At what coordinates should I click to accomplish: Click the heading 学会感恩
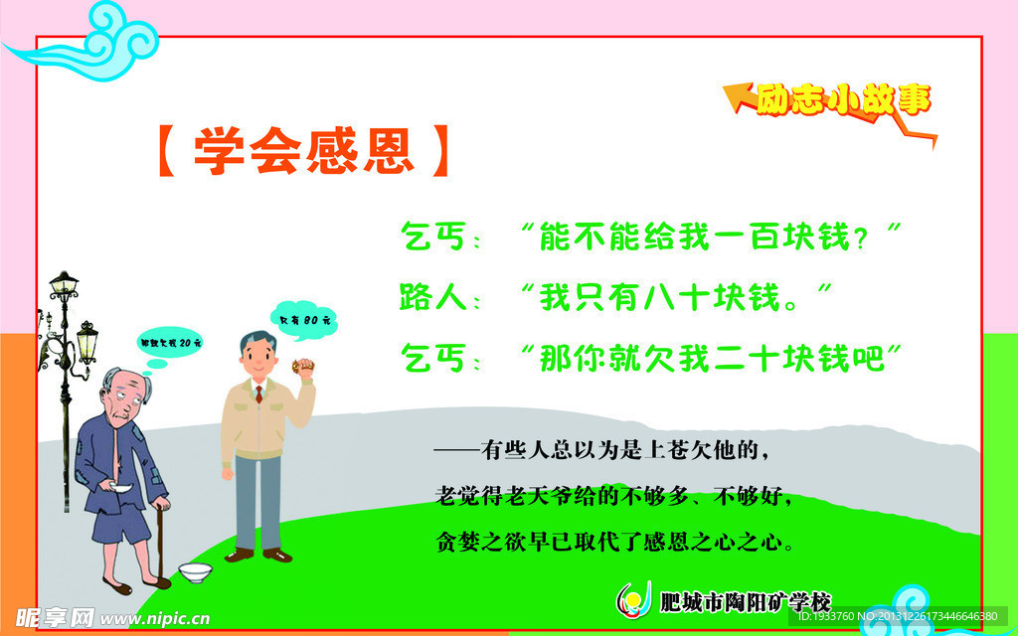coord(304,151)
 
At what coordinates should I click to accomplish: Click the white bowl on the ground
coord(194,572)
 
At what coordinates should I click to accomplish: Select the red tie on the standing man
coord(258,394)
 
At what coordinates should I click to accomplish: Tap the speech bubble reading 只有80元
coord(303,321)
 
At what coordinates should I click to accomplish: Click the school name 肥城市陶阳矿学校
coord(745,601)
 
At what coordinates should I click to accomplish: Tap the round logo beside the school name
coord(632,599)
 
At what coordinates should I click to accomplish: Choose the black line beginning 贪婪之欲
coord(616,543)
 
